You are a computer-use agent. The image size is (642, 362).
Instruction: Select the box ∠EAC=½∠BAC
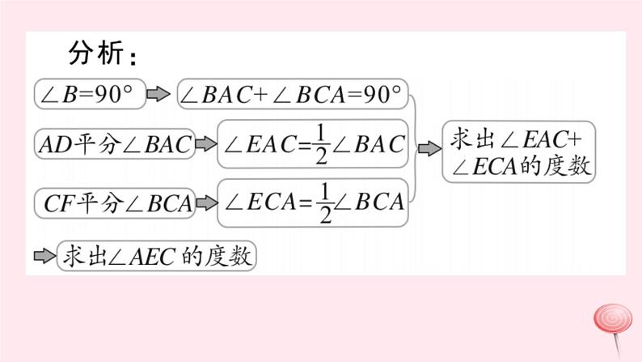313,144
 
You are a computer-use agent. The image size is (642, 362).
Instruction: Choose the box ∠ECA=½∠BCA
313,202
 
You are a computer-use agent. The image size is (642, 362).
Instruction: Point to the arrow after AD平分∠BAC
206,145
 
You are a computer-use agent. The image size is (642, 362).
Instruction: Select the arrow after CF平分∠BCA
206,202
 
